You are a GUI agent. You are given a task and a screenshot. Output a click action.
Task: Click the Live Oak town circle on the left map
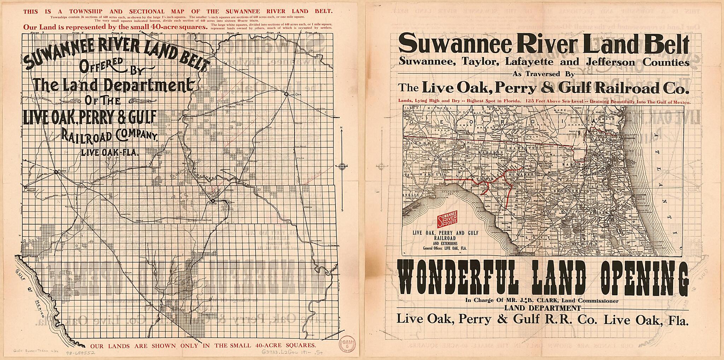[286, 94]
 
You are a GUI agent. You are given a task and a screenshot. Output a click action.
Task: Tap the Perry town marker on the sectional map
[56, 172]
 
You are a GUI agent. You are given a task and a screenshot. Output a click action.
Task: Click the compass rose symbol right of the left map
[342, 167]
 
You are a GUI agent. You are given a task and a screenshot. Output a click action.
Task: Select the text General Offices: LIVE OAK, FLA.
[445, 248]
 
